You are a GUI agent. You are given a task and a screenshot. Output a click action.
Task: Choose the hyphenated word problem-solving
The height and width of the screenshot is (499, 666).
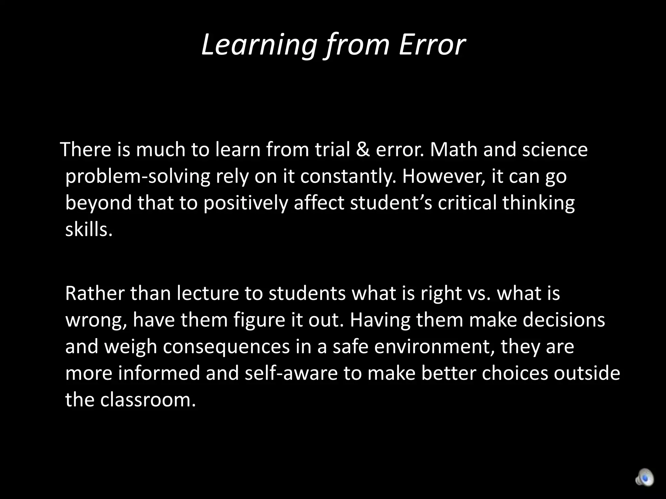pos(138,177)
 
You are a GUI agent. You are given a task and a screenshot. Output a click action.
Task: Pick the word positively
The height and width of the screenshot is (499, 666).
pos(246,203)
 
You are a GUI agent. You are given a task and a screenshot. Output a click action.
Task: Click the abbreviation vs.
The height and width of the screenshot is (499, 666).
pos(478,294)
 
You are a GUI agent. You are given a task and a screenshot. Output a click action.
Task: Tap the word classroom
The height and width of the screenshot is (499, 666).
pos(148,400)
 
